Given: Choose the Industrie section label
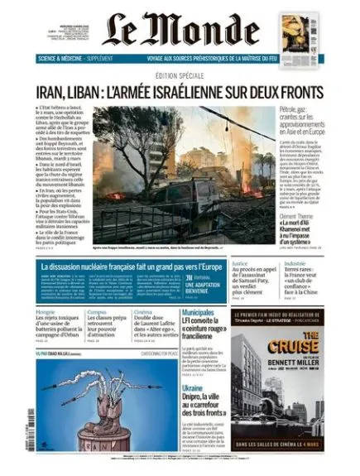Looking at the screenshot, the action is pos(295,264).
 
